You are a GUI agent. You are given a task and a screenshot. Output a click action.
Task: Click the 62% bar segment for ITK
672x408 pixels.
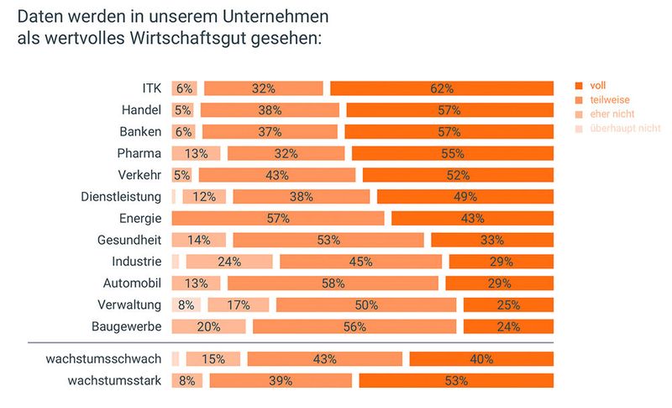coord(442,88)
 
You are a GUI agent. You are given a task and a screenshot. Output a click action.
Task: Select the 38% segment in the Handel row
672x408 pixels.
coord(270,110)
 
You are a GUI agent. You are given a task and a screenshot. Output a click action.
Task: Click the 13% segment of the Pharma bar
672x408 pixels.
coord(196,153)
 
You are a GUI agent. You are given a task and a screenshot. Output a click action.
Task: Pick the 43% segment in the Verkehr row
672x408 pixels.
coord(276,175)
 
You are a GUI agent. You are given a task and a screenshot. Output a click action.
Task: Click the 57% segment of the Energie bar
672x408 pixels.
coord(278,219)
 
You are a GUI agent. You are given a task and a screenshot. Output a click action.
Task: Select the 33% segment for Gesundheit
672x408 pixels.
coord(492,240)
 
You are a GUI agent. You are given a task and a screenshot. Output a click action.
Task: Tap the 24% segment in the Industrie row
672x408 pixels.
coord(229,262)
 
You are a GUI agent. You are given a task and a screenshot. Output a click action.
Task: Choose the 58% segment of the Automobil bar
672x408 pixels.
coord(333,283)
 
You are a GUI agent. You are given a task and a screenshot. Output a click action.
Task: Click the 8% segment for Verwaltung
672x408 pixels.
coord(186,305)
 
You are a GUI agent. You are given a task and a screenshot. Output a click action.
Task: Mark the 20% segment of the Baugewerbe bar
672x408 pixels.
coord(208,326)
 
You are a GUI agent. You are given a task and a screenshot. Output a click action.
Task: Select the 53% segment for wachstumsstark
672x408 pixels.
coord(456,380)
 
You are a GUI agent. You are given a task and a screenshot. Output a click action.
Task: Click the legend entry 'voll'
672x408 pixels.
coord(597,85)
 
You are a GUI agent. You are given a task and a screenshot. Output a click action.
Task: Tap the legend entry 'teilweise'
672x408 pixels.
coord(610,99)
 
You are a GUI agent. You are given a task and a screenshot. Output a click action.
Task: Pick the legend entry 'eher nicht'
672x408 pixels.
coord(611,114)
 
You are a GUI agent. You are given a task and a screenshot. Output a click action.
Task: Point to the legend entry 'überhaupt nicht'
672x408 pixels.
coord(623,128)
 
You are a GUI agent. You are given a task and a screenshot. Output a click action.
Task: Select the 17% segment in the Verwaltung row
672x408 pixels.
coord(239,305)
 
